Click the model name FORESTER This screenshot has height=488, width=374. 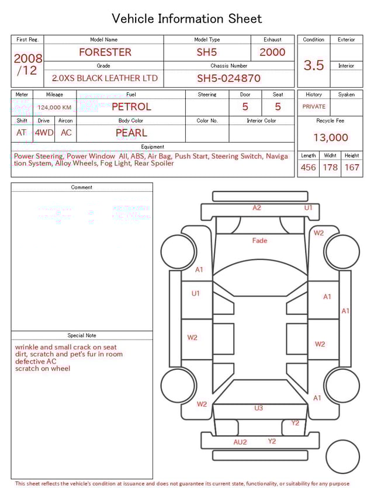point(105,52)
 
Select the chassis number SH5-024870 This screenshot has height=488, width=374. point(228,78)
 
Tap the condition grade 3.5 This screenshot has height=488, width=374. point(314,65)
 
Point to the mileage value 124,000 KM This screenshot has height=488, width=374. point(54,108)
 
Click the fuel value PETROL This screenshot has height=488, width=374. point(131,107)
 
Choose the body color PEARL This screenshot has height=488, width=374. point(131,133)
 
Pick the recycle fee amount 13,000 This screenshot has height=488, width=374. point(330,138)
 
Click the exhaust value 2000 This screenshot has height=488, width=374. point(272,52)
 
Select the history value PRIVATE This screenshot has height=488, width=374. point(314,107)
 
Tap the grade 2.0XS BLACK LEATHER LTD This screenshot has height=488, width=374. point(105,78)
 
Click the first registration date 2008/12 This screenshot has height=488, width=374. point(27,64)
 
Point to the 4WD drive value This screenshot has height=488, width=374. point(44,133)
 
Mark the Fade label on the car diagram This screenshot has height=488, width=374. point(259,241)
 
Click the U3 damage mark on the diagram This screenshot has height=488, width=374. point(258,408)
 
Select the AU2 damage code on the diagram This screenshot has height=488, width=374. point(240,442)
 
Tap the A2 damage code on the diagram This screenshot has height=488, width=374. point(257,208)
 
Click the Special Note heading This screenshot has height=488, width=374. point(82,335)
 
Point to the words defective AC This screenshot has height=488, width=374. point(36,361)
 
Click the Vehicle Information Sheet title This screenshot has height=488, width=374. point(187,19)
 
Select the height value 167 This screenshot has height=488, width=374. point(352,168)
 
